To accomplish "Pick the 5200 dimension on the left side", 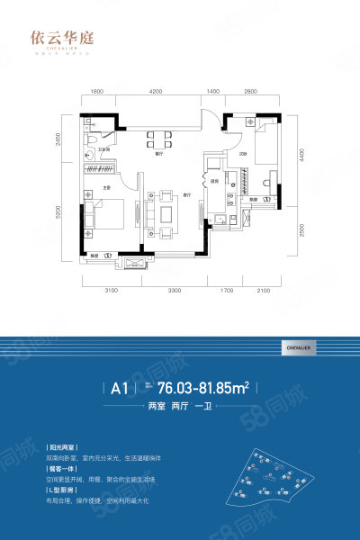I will (71, 215).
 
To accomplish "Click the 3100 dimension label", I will (111, 290).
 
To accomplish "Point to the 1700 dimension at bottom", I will (226, 290).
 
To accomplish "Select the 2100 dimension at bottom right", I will (262, 290).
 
